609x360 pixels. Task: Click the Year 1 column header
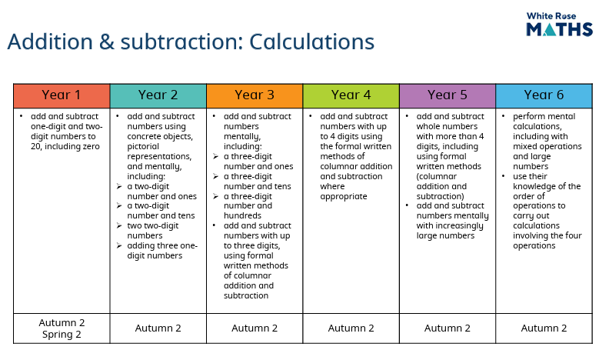click(62, 95)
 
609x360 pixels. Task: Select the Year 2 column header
click(158, 95)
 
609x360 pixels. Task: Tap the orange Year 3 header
click(255, 95)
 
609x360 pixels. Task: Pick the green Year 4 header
click(351, 95)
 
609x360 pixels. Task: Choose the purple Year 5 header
click(448, 95)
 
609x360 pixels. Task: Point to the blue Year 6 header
click(544, 95)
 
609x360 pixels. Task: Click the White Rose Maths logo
click(559, 24)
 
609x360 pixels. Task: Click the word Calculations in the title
click(312, 42)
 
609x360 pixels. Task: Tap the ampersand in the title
click(106, 42)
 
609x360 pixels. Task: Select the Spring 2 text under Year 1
click(62, 335)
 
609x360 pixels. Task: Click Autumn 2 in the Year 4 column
click(351, 328)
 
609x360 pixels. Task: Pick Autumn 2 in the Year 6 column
click(544, 328)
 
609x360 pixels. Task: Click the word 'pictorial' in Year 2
click(143, 147)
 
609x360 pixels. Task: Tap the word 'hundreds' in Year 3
click(242, 215)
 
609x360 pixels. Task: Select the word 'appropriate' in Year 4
click(344, 196)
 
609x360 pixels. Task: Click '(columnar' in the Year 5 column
click(437, 177)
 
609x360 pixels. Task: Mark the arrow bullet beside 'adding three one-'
click(119, 245)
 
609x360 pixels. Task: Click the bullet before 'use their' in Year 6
click(504, 176)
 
